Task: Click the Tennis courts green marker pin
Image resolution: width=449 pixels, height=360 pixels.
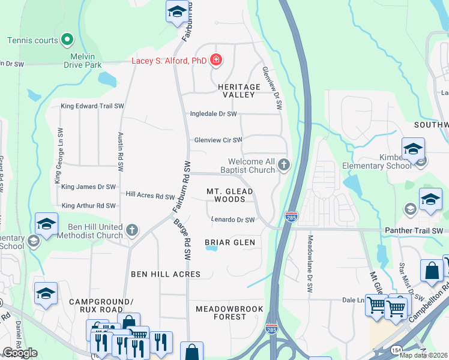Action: coord(67,40)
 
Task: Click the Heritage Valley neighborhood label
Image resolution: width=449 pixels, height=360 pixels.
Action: coord(242,91)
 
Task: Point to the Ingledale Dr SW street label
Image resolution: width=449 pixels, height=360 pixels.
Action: coord(213,113)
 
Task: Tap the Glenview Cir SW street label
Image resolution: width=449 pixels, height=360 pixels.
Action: coord(218,140)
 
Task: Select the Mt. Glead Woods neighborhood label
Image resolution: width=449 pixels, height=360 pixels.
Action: coord(230,195)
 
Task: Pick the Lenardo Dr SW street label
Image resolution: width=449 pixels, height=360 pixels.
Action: coord(233,220)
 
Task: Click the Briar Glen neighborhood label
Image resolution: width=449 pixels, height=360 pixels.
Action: coord(230,242)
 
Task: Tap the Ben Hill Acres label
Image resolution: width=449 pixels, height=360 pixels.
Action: coord(166,274)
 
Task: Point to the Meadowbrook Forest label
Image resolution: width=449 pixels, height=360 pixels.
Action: coord(221,312)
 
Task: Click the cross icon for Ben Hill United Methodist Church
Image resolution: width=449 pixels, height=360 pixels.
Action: coord(132,230)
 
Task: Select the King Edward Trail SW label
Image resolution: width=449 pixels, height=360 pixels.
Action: coord(92,106)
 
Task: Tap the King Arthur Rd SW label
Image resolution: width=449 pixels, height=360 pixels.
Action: coord(89,206)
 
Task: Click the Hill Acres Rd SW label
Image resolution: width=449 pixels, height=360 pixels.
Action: coord(150,195)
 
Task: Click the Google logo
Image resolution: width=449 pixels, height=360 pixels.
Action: coord(20,353)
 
